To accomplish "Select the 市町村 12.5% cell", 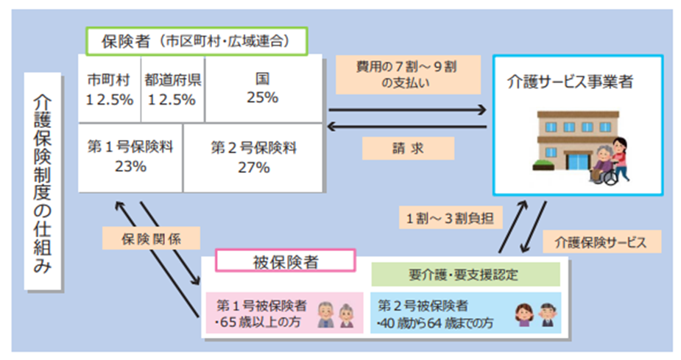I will pos(110,88).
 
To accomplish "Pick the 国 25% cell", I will pos(262,88).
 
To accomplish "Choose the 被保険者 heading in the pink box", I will pos(285,260).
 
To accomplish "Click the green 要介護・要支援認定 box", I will pos(464,275).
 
